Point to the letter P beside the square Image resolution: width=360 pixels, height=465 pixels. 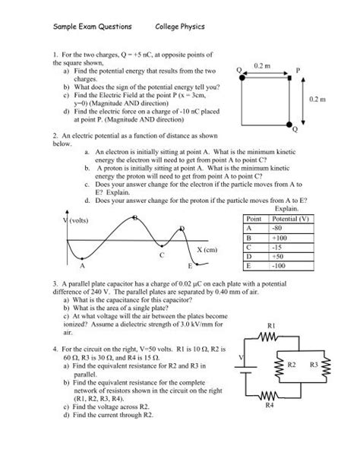click(298, 68)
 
